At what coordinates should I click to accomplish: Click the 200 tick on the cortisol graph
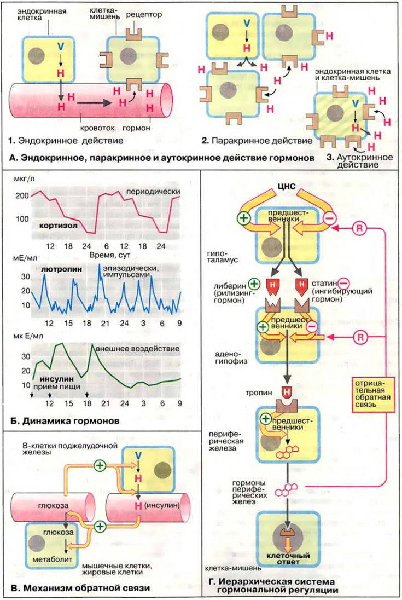(x=22, y=195)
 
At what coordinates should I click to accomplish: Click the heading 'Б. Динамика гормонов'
(x=65, y=422)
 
